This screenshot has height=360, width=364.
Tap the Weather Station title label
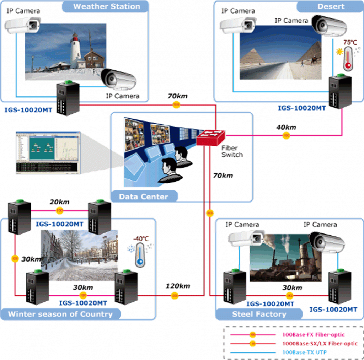pos(106,6)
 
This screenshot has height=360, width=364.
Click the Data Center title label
pos(143,197)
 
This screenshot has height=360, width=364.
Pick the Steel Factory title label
pos(259,314)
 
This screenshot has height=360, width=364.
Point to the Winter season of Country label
pos(60,314)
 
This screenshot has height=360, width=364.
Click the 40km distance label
pos(287,127)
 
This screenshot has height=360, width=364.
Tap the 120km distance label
pos(178,286)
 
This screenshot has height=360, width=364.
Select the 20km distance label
pos(59,202)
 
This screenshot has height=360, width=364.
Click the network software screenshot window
pos(47,153)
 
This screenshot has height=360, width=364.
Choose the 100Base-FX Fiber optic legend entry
pos(313,334)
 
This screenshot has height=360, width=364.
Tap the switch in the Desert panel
pos(339,91)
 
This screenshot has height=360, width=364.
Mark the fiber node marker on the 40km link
pos(286,135)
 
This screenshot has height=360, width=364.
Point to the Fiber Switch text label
pos(231,151)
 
